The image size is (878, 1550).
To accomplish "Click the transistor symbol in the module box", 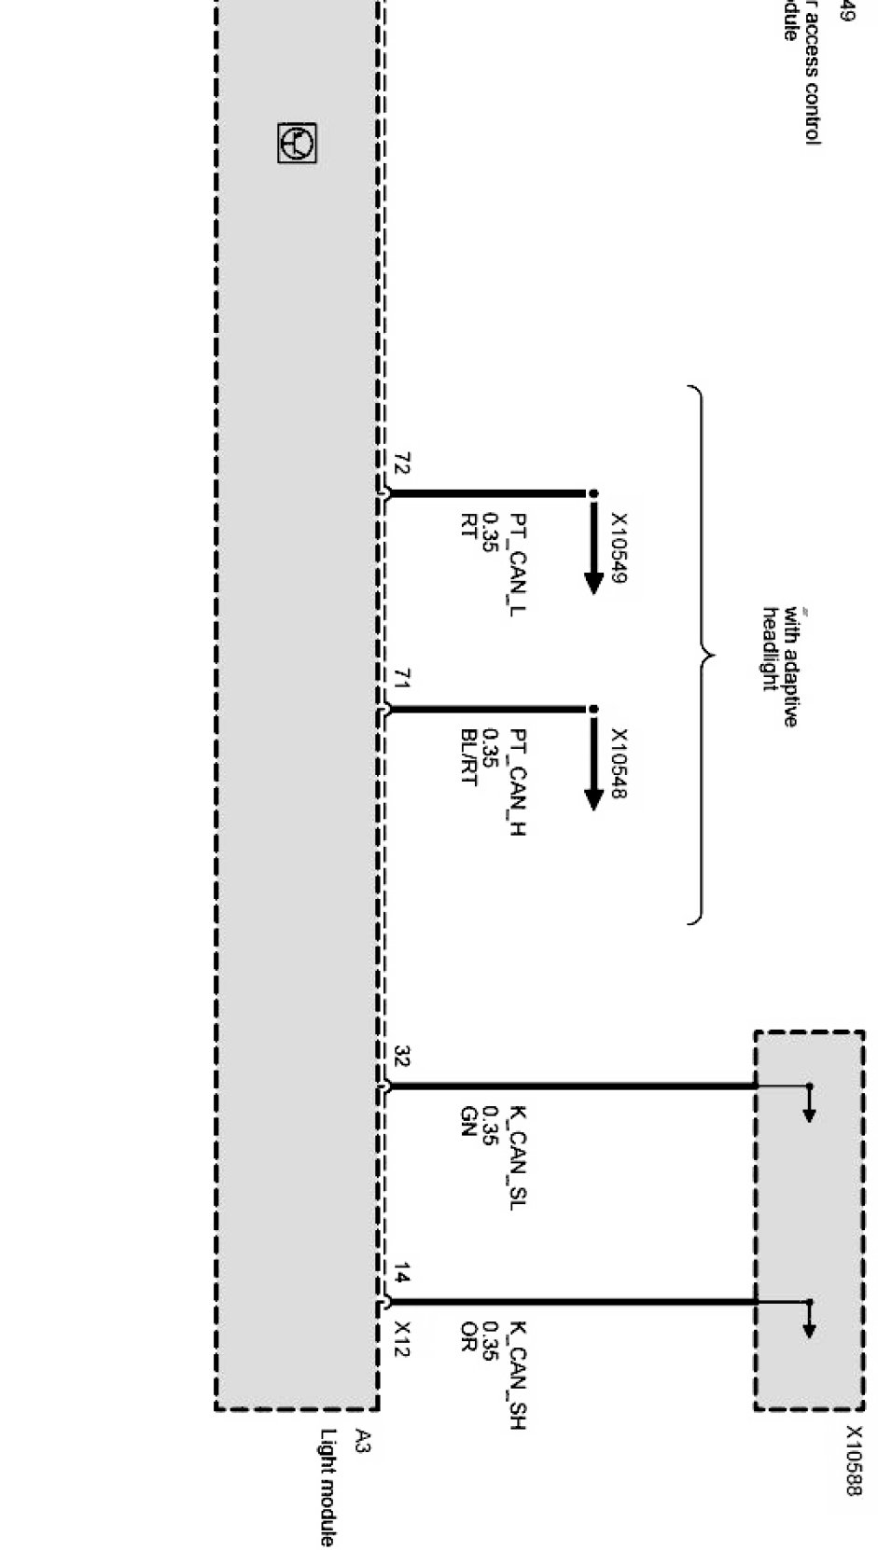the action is pyautogui.click(x=298, y=144).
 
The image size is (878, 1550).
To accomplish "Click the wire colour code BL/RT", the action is pyautogui.click(x=468, y=757).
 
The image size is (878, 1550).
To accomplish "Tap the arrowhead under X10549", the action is pyautogui.click(x=593, y=582).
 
